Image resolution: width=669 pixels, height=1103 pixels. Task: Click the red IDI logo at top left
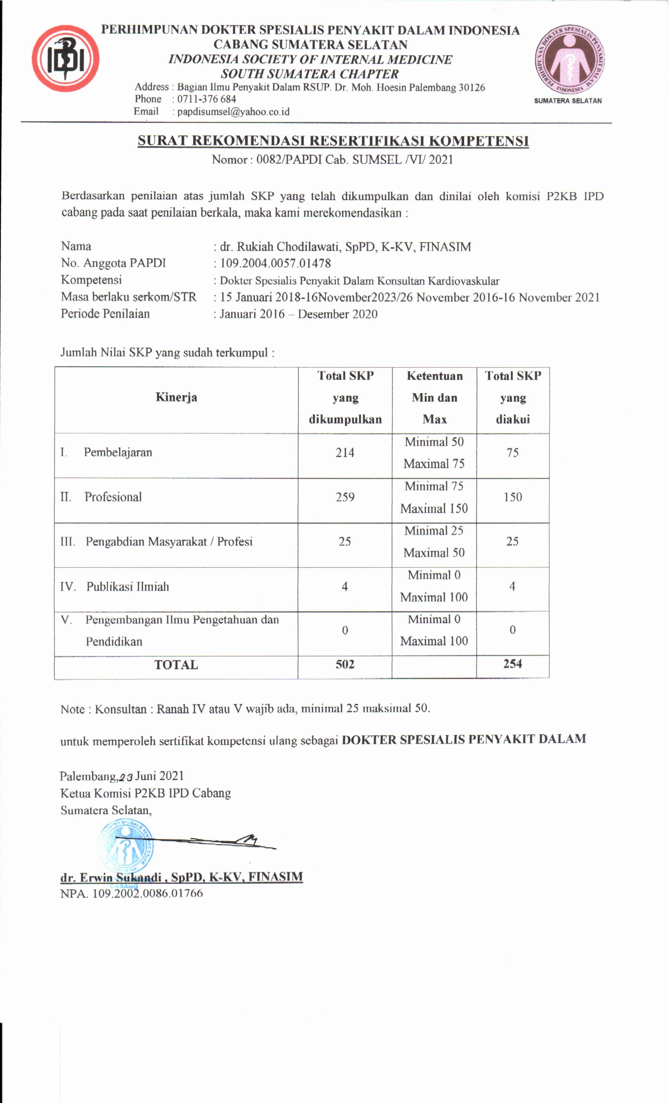[x=65, y=59]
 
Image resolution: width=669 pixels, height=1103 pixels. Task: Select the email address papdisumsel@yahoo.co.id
[x=233, y=111]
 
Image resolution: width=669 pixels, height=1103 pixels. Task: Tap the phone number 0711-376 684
[x=206, y=99]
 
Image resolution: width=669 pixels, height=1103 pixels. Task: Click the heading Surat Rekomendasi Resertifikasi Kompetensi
[x=333, y=141]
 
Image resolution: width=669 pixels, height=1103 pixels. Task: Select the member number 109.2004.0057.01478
[x=275, y=263]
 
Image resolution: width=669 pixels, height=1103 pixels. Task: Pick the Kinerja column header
[x=176, y=397]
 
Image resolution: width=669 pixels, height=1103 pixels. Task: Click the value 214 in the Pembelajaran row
[x=345, y=453]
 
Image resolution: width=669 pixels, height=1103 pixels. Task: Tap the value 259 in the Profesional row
[x=345, y=497]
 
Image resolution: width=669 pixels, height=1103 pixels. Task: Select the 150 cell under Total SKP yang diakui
[x=512, y=497]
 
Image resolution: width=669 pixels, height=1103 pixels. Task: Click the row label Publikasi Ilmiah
[x=128, y=587]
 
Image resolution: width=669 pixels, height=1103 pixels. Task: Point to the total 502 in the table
[x=345, y=664]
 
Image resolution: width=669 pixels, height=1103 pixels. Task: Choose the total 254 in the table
[x=512, y=664]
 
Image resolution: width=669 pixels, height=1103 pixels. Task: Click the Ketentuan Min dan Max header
[x=434, y=397]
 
